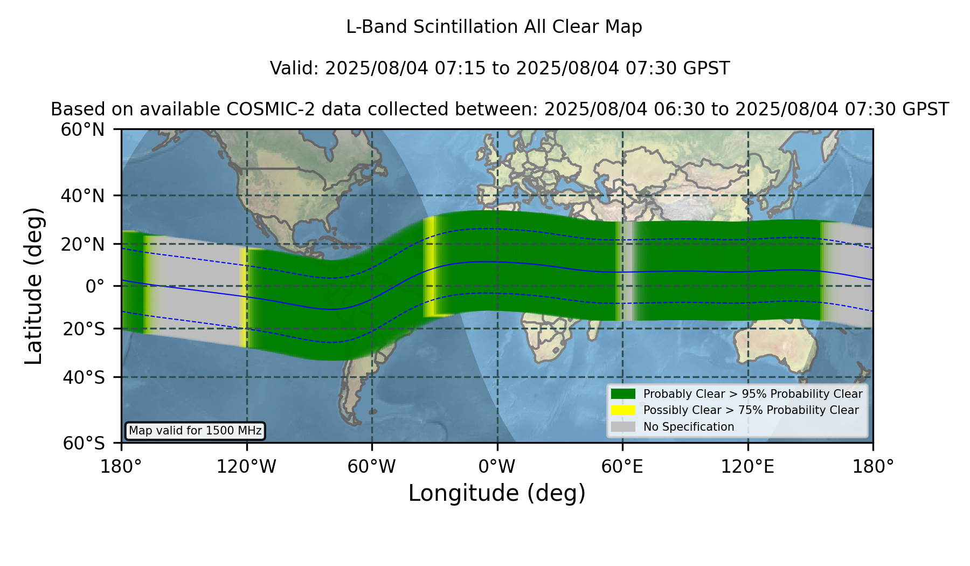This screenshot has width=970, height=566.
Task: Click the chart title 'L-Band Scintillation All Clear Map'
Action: [x=494, y=27]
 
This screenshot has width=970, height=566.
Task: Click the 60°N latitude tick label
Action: [x=82, y=130]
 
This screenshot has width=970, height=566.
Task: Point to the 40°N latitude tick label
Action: [x=82, y=196]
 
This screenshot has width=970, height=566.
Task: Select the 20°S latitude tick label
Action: [x=84, y=329]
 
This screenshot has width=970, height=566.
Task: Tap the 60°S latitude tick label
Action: [x=84, y=444]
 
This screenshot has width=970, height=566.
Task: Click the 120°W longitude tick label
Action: [x=246, y=467]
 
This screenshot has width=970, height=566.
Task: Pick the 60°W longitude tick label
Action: [x=372, y=467]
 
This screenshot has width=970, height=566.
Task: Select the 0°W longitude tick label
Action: [x=497, y=467]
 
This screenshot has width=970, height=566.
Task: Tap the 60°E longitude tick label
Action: [x=622, y=467]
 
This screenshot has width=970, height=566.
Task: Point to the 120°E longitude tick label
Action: [x=747, y=467]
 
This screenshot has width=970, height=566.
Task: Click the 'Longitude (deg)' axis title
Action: [x=497, y=494]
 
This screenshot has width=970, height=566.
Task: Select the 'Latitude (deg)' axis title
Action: [x=34, y=286]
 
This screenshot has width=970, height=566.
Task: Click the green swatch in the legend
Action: [x=623, y=394]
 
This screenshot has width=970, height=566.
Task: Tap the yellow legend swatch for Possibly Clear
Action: [x=623, y=410]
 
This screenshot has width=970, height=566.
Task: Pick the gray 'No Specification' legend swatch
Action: [x=623, y=427]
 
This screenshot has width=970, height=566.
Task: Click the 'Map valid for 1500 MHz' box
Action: [x=195, y=431]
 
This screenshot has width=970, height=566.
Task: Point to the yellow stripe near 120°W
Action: [x=244, y=298]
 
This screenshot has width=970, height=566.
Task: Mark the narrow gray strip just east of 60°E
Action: [x=628, y=271]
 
